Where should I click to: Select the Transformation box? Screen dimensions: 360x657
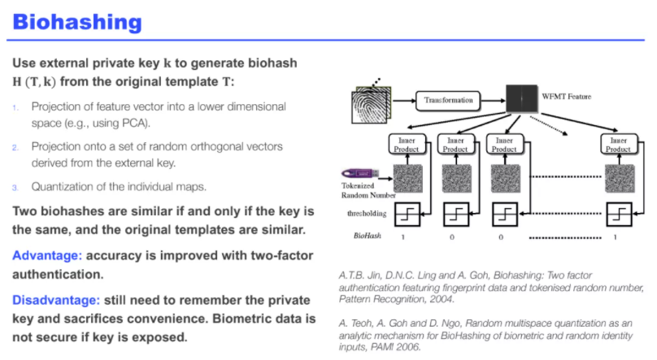point(449,101)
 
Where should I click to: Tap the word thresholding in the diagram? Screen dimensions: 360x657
point(359,214)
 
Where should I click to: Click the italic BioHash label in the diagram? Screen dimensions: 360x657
point(362,236)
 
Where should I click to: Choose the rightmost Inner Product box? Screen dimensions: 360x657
point(619,145)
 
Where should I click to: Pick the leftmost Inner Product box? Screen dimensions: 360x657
point(406,145)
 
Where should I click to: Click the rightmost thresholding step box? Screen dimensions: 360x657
point(619,214)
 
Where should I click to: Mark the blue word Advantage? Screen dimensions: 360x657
point(46,255)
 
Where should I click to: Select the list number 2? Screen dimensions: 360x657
point(15,147)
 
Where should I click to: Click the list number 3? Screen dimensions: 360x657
point(15,187)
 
